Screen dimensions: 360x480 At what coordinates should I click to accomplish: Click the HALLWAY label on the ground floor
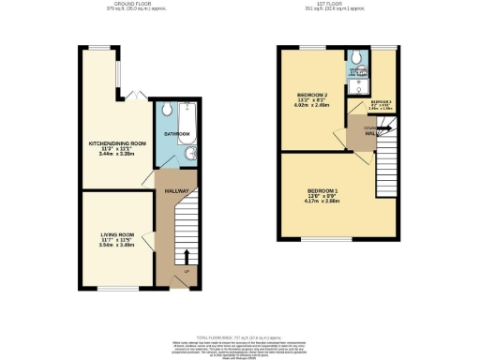[177, 191]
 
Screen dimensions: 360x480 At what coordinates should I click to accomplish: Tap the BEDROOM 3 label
[380, 101]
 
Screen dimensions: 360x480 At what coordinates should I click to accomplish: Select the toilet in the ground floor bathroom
[165, 109]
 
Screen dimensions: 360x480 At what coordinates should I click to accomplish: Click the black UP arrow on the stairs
[186, 256]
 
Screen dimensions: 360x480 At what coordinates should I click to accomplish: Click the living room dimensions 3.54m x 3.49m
[117, 246]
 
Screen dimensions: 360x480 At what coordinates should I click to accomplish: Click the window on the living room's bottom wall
[117, 287]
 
